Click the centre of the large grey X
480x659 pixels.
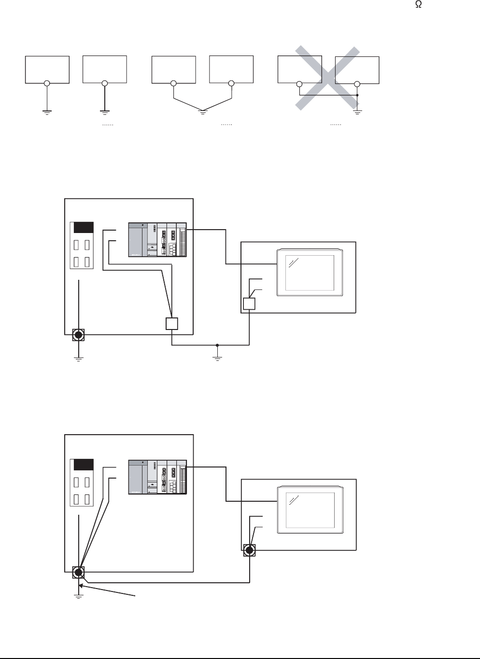tap(328, 78)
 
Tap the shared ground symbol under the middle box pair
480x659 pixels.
tap(203, 112)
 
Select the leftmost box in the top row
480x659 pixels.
tap(47, 69)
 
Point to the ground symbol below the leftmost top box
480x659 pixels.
tap(47, 113)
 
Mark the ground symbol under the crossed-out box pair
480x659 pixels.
tap(357, 112)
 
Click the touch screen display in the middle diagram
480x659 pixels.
tap(310, 272)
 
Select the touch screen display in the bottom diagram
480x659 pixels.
tap(310, 509)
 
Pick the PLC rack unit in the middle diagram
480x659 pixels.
tap(157, 240)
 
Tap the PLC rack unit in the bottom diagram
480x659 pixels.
tap(157, 477)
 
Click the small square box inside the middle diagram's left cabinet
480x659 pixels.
tap(172, 323)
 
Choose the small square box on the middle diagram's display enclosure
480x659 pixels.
tap(249, 303)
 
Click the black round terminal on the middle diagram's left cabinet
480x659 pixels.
tap(78, 335)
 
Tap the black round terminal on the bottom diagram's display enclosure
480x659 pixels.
tap(249, 550)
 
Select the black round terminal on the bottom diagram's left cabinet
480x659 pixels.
tap(78, 573)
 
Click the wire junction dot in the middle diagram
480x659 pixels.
tap(217, 345)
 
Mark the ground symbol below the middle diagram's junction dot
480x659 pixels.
tap(217, 358)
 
